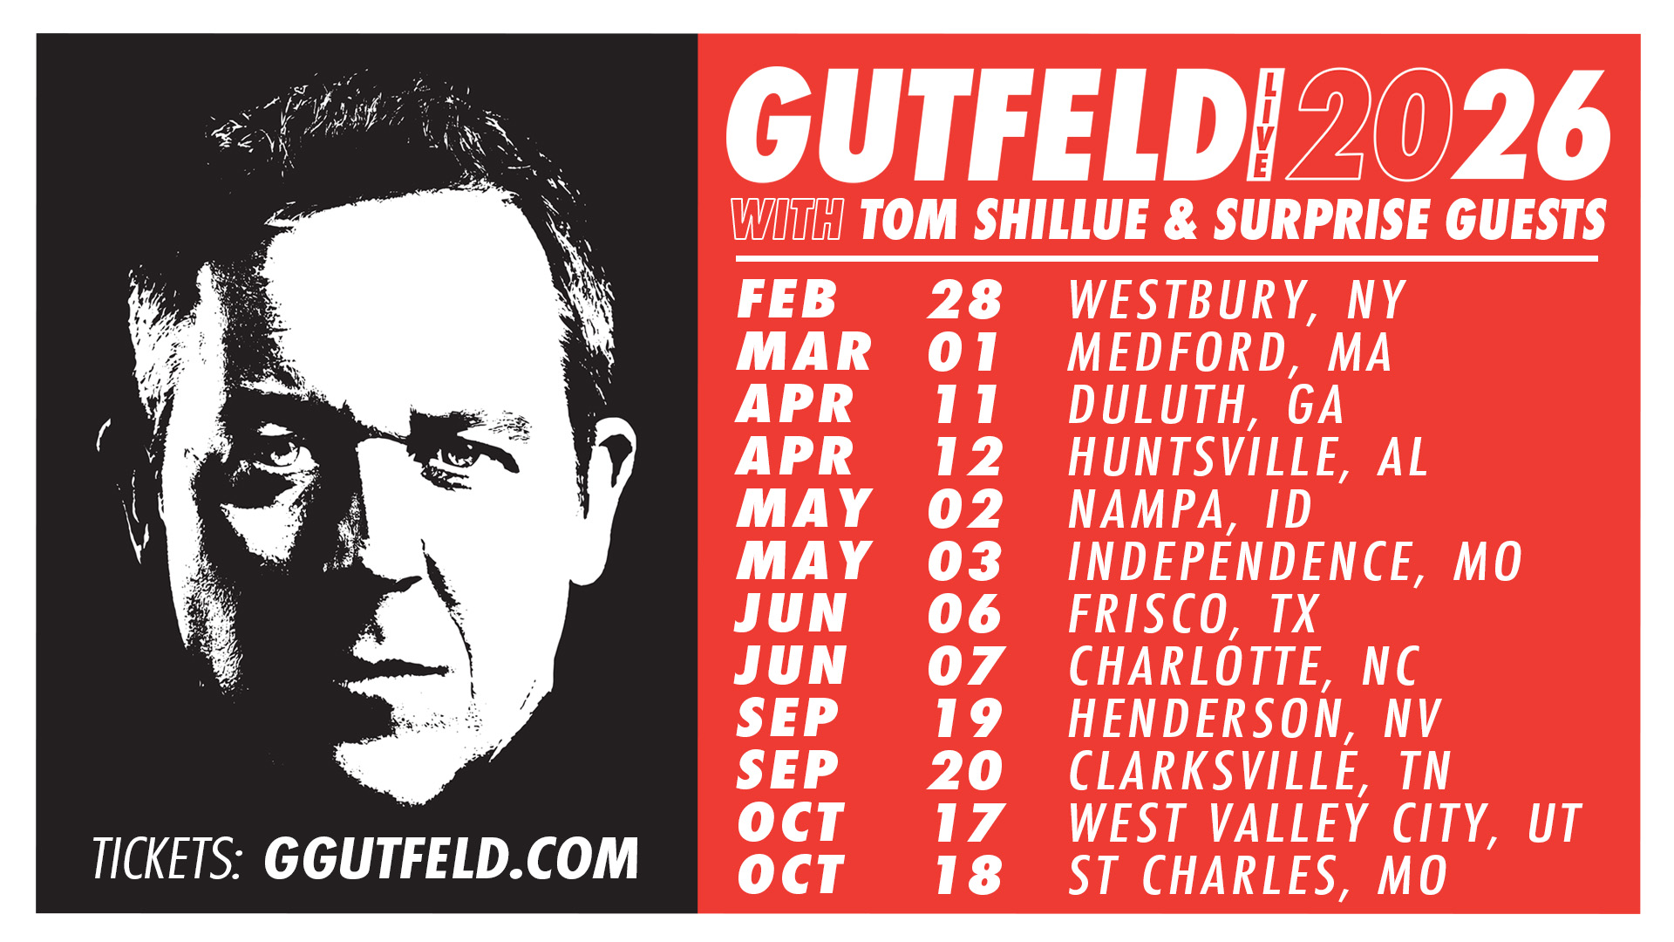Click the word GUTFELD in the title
(x=985, y=126)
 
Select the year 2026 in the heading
(x=1447, y=126)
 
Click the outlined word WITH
(x=787, y=219)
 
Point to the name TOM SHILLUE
(x=1004, y=219)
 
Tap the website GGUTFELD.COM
(x=452, y=858)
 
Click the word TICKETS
(x=165, y=859)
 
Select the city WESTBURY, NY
(x=1236, y=300)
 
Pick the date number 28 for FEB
(x=965, y=300)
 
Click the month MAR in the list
(x=804, y=352)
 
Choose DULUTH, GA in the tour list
(x=1206, y=405)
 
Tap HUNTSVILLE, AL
(x=1248, y=457)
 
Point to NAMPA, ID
(x=1190, y=509)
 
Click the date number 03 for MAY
(x=965, y=562)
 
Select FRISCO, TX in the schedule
(x=1193, y=614)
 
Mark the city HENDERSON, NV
(x=1255, y=719)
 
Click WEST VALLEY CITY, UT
(x=1324, y=823)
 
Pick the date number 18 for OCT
(x=968, y=876)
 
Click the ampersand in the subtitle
(x=1181, y=219)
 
